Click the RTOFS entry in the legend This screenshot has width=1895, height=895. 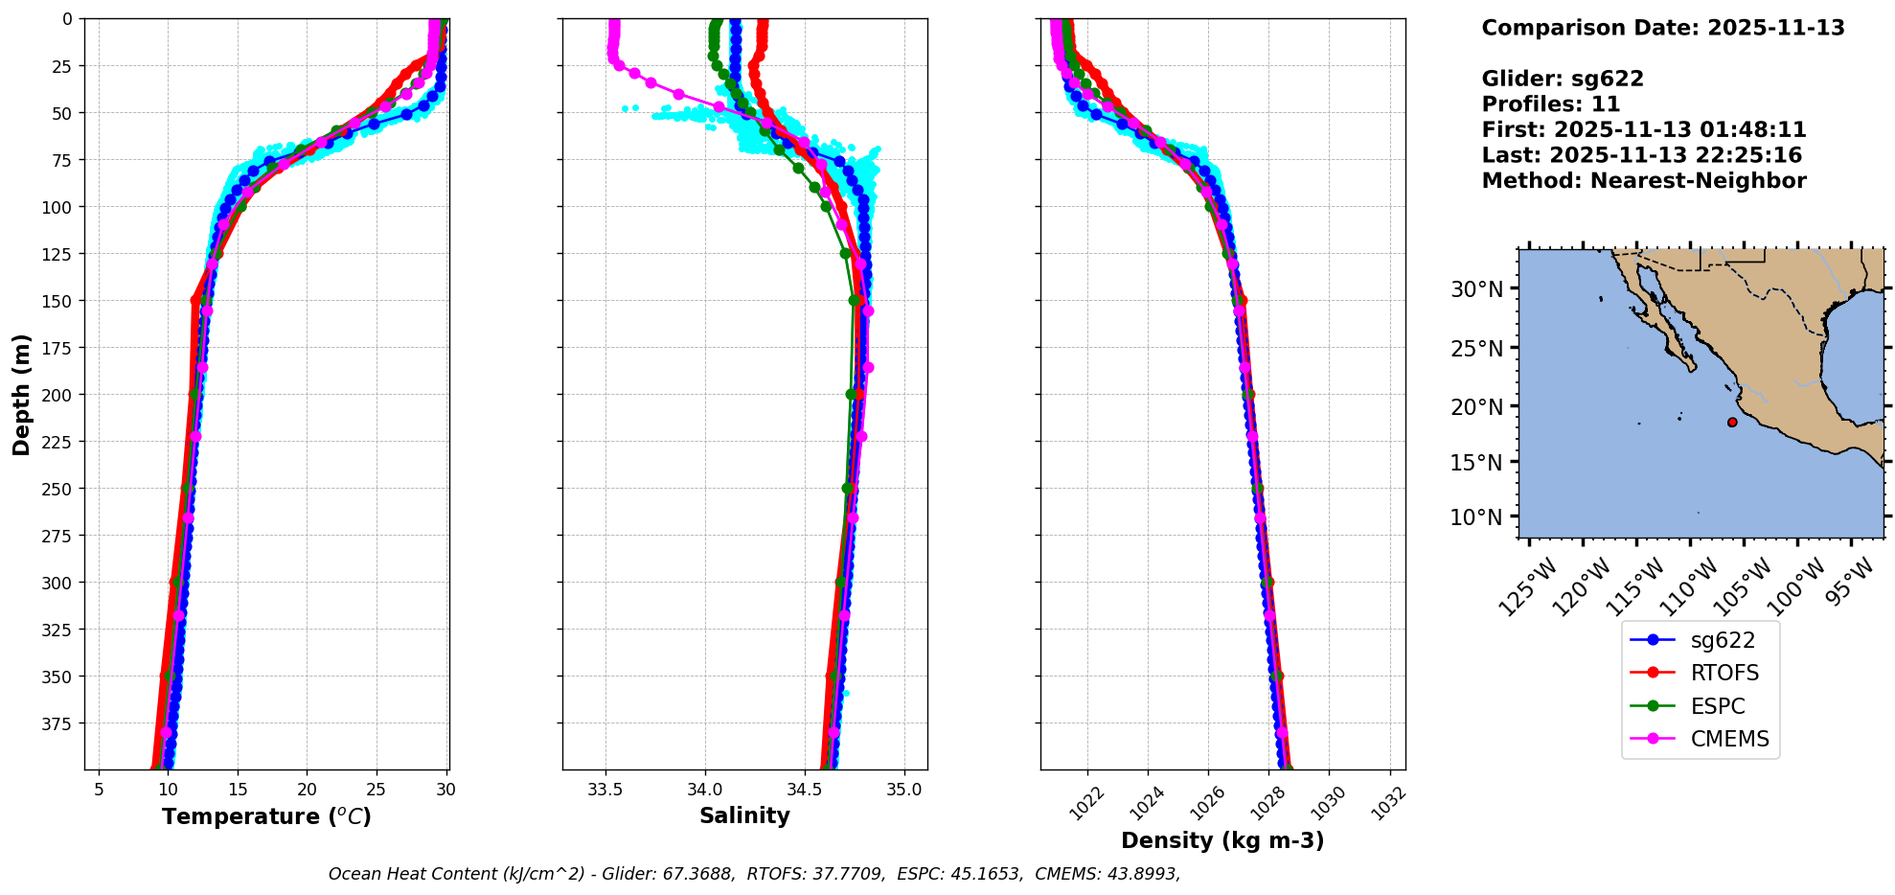tap(1724, 673)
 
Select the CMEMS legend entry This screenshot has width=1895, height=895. tap(1729, 739)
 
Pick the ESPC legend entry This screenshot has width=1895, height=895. tap(1717, 706)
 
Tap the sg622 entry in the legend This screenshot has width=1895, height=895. tap(1723, 640)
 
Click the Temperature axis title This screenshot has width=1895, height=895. tap(266, 816)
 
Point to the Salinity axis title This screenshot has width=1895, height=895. tap(744, 815)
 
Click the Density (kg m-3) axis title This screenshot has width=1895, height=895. tap(1222, 840)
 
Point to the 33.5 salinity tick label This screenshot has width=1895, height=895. tap(605, 791)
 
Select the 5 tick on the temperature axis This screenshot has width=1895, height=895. tap(99, 791)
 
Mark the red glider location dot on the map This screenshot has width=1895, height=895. tap(1732, 423)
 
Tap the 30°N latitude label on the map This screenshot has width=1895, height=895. tap(1476, 289)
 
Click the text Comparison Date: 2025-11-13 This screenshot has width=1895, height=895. tap(1663, 28)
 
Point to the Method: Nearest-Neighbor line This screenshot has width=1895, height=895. tap(1644, 181)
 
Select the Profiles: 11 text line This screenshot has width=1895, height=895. tap(1551, 104)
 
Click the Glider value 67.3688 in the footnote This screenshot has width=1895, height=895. tap(703, 874)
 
